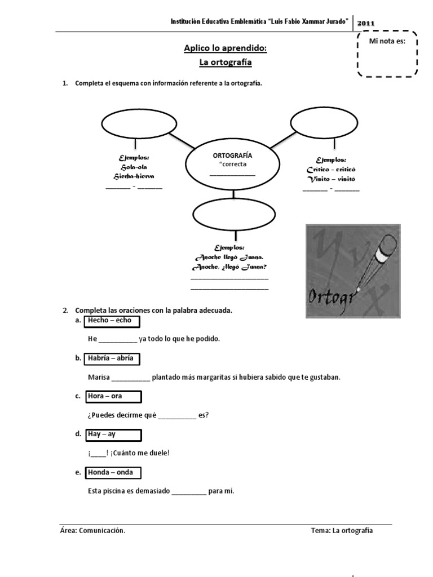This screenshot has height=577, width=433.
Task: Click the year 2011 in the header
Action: click(366, 23)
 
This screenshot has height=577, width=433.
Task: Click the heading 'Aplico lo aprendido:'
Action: click(225, 48)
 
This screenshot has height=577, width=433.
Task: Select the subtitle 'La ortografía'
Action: click(225, 62)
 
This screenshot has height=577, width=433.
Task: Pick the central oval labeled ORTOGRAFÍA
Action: click(232, 166)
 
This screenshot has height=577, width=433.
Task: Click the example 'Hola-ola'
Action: click(134, 167)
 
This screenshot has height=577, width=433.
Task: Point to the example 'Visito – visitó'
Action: click(331, 179)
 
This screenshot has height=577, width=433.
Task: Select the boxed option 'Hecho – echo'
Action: click(111, 321)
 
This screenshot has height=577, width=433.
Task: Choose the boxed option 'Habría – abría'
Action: click(112, 358)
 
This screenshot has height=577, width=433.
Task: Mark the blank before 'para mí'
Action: click(189, 491)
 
